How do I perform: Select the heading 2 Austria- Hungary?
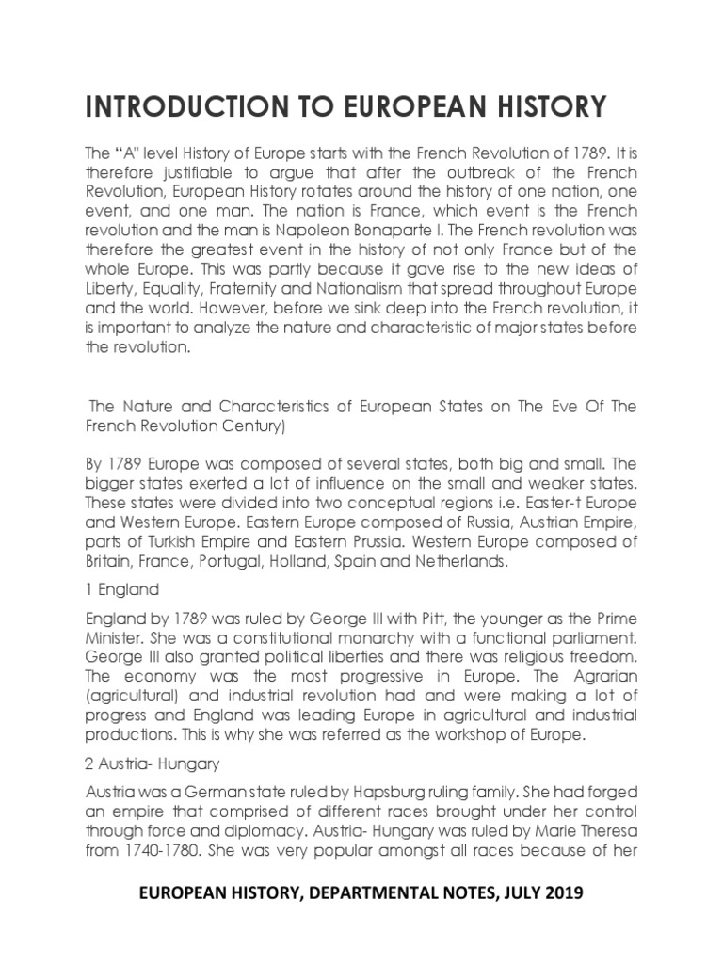pyautogui.click(x=149, y=764)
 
